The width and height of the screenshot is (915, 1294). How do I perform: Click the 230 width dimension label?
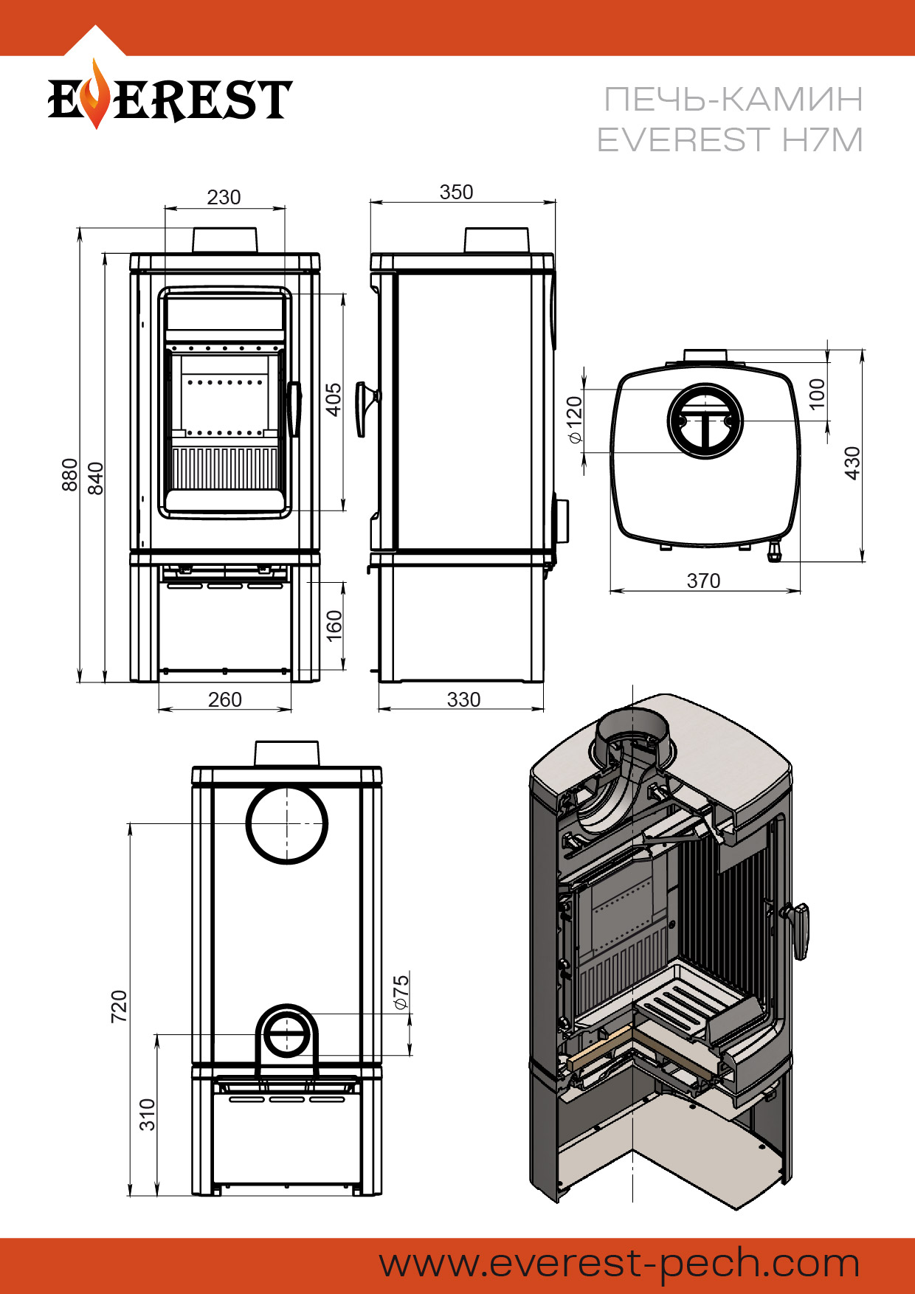pyautogui.click(x=224, y=197)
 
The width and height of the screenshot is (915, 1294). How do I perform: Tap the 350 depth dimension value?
pyautogui.click(x=456, y=192)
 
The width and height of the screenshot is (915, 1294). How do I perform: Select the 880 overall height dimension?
pyautogui.click(x=69, y=474)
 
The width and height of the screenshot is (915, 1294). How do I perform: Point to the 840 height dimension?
pyautogui.click(x=96, y=478)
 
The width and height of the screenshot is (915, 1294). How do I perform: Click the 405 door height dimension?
pyautogui.click(x=334, y=399)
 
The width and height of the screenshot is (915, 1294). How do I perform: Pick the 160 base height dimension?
pyautogui.click(x=334, y=626)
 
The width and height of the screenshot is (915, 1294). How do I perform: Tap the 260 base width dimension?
pyautogui.click(x=224, y=699)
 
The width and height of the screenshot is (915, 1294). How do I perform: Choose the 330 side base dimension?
pyautogui.click(x=463, y=699)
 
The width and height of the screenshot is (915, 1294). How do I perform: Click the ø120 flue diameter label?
pyautogui.click(x=574, y=420)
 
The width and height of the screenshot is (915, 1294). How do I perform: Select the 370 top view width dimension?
pyautogui.click(x=703, y=581)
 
